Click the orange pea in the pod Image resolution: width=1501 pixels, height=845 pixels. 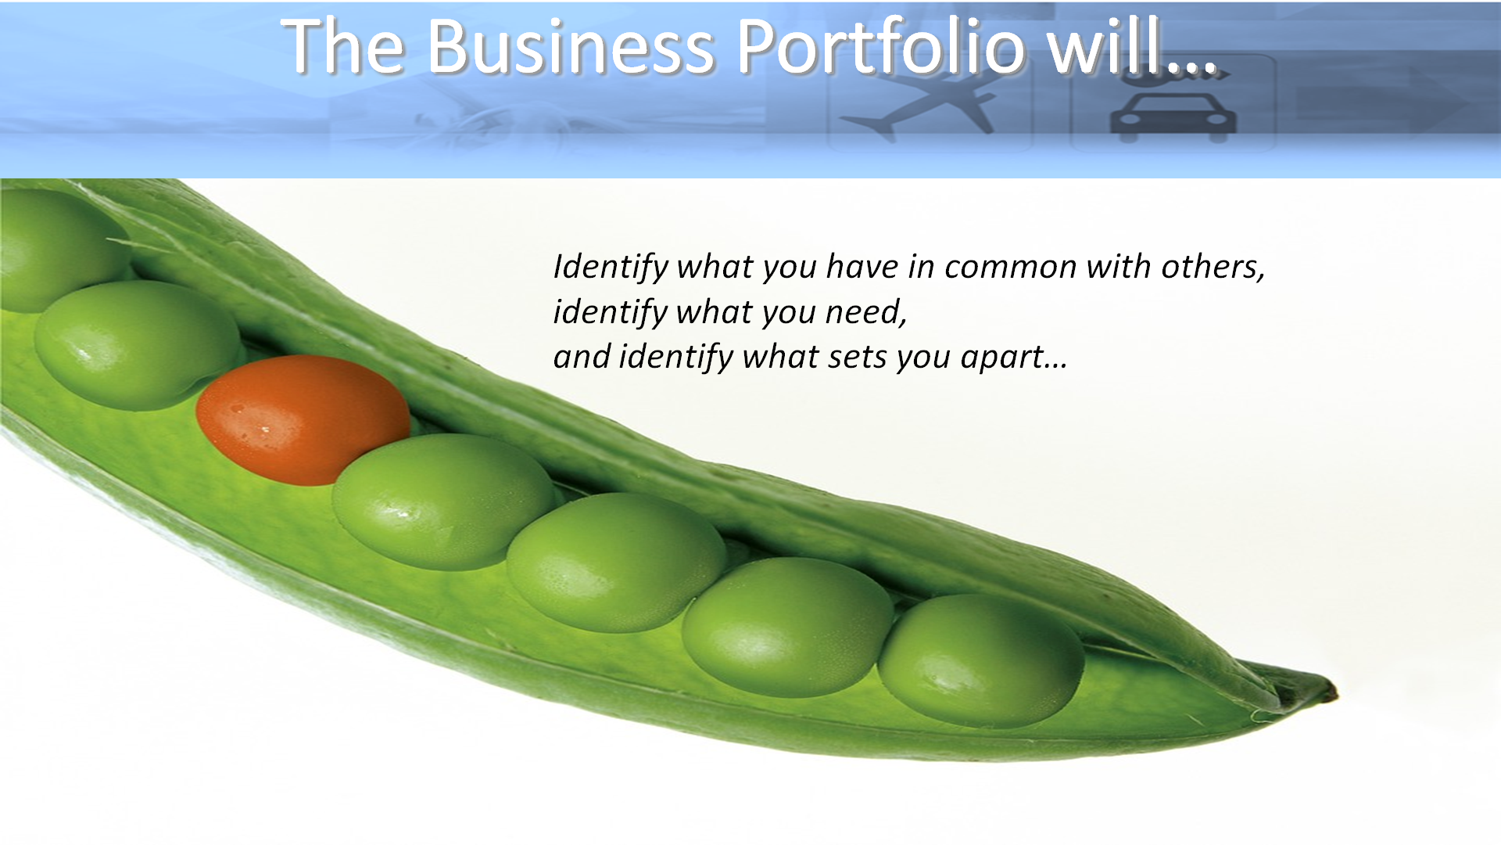[x=303, y=420]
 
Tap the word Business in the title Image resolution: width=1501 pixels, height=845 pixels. [x=571, y=46]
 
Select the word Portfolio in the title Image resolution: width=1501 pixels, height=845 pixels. [x=881, y=46]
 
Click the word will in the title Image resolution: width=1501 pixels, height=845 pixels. [x=1104, y=46]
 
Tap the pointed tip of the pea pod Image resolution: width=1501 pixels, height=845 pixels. [x=1335, y=692]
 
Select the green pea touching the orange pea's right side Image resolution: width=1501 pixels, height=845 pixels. [x=444, y=502]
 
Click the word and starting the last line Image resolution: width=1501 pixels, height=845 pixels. [x=582, y=357]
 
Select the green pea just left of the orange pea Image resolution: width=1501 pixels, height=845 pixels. [x=137, y=345]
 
